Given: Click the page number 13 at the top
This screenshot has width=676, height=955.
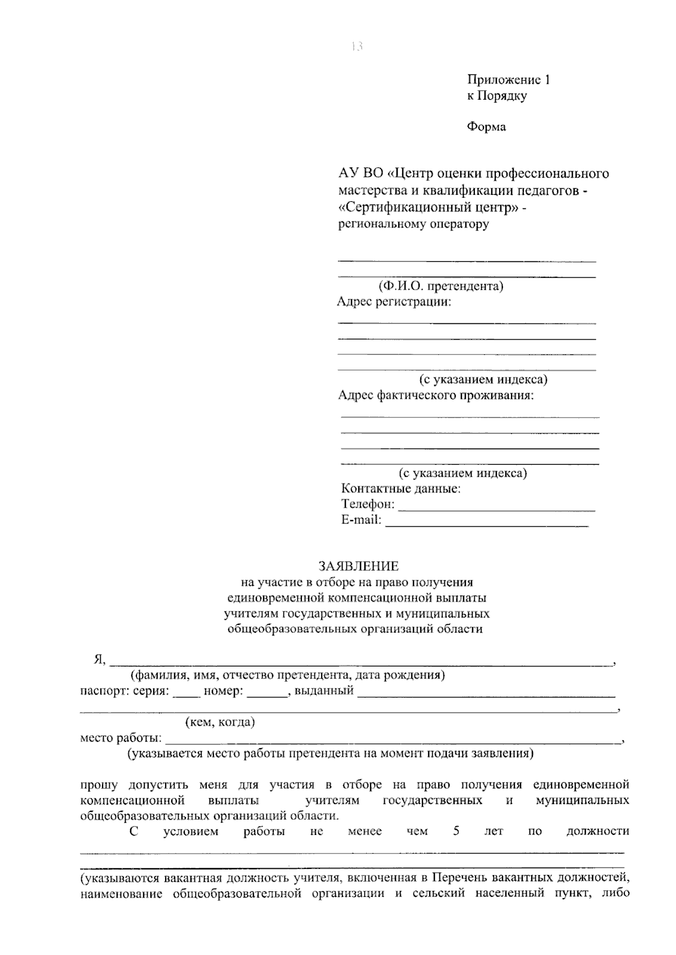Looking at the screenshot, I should (x=356, y=47).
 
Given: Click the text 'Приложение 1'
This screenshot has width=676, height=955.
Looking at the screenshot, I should (x=508, y=80).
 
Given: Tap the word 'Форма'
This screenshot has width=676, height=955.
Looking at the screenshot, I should (x=486, y=127).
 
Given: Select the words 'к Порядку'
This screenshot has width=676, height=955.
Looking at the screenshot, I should (x=496, y=96).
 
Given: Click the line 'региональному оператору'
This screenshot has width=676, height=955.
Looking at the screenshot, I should (x=413, y=224).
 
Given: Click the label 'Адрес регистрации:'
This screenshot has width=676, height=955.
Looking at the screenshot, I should (x=394, y=302).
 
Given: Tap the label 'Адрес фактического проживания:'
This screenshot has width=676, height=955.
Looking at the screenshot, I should (x=435, y=396).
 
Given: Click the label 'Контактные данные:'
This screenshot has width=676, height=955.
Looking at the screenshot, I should (x=401, y=489).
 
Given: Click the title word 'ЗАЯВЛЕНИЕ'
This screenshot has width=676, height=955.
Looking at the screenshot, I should (x=358, y=566).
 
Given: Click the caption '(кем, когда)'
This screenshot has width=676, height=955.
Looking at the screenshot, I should (x=220, y=722).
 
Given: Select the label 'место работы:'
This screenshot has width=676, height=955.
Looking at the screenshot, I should (x=121, y=738).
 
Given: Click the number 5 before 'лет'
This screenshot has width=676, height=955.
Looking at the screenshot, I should (x=456, y=831).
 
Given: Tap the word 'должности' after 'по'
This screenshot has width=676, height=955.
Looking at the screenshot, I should (x=597, y=831).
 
